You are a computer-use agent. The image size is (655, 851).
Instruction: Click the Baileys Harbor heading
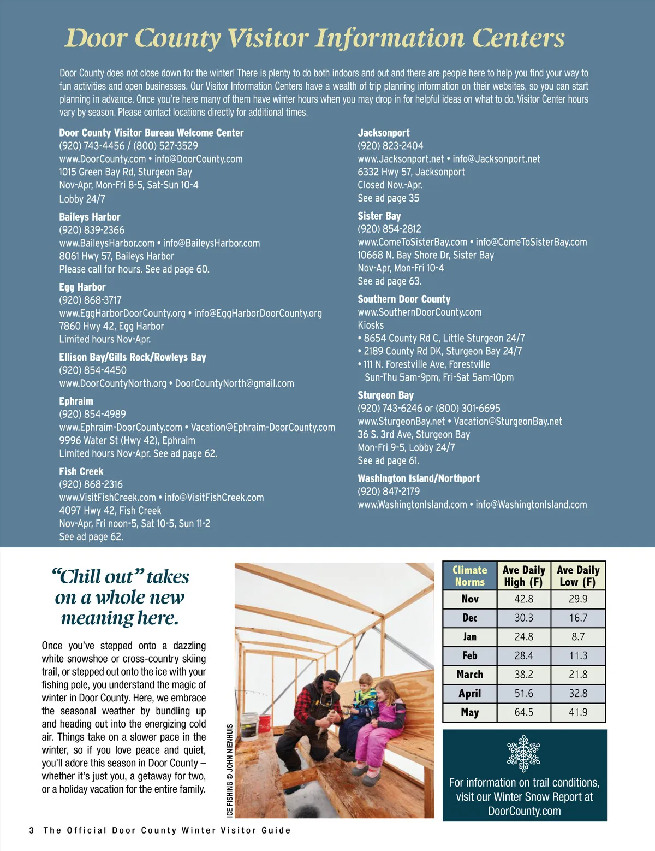tap(90, 217)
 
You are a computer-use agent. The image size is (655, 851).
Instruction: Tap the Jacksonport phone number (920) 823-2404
tap(390, 146)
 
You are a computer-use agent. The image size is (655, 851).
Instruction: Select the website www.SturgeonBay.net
tap(401, 422)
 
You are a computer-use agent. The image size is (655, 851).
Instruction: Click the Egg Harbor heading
tap(82, 287)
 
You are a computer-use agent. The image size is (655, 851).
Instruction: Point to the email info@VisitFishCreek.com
tap(214, 498)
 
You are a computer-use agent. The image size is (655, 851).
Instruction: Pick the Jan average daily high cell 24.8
tap(523, 637)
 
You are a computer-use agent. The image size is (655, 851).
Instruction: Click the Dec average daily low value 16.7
tap(578, 618)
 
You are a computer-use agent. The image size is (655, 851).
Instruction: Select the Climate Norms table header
tap(469, 576)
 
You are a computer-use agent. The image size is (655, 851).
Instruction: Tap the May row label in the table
tap(469, 712)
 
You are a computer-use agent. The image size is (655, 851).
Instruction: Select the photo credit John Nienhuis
tap(230, 770)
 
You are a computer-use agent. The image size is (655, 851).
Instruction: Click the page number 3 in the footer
tap(32, 830)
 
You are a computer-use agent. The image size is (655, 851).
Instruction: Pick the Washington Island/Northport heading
tap(419, 478)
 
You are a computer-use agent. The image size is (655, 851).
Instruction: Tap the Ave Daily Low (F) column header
tap(578, 576)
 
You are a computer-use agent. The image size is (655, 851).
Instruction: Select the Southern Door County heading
tap(404, 299)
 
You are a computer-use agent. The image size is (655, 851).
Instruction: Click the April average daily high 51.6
tap(523, 694)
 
